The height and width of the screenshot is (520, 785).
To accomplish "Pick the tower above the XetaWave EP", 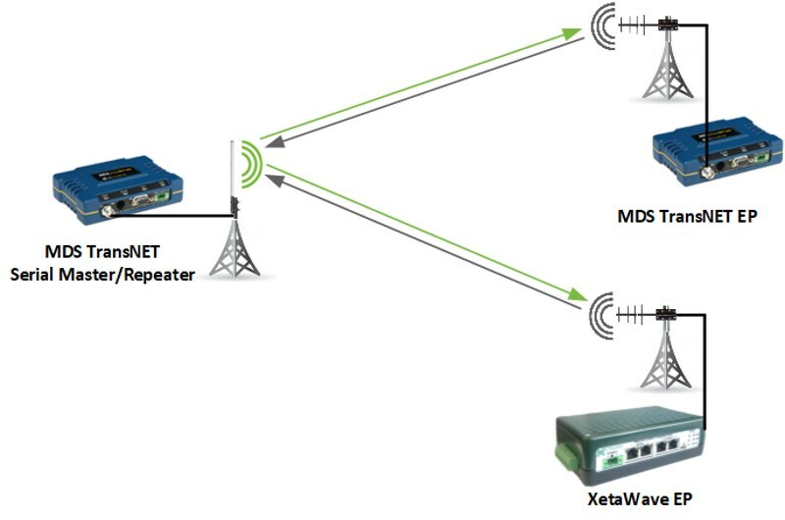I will pos(667,358).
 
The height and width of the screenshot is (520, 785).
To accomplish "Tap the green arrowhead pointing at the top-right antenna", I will pos(573,33).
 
